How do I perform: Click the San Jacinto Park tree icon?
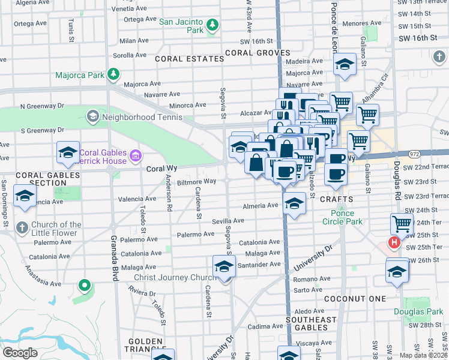(212, 25)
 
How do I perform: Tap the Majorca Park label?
(80, 76)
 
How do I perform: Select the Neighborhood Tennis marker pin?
(92, 115)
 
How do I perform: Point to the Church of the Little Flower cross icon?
(22, 228)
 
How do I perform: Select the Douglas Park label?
(418, 311)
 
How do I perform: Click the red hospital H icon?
(394, 243)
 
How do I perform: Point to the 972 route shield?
(397, 154)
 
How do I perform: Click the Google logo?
(19, 353)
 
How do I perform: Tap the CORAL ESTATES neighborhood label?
(181, 59)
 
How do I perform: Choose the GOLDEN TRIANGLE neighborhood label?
(146, 345)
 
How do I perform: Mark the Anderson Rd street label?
(170, 195)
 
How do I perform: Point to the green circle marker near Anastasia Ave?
(85, 286)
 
